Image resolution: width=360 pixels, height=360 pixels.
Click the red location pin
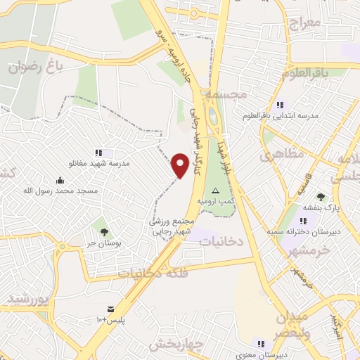coord(180,164)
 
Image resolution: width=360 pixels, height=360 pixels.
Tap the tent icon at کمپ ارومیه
coord(216,191)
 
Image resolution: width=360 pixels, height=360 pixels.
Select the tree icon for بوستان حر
coord(104,231)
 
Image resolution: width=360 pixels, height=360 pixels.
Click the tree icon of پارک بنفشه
coord(321,197)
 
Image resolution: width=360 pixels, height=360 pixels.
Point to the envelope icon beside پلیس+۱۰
coord(110,309)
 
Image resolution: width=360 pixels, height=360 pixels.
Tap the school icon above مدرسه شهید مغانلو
coord(99,152)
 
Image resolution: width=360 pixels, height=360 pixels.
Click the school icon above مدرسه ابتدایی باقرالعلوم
coord(281,104)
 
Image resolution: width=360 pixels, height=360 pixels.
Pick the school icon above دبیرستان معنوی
coord(262,345)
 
